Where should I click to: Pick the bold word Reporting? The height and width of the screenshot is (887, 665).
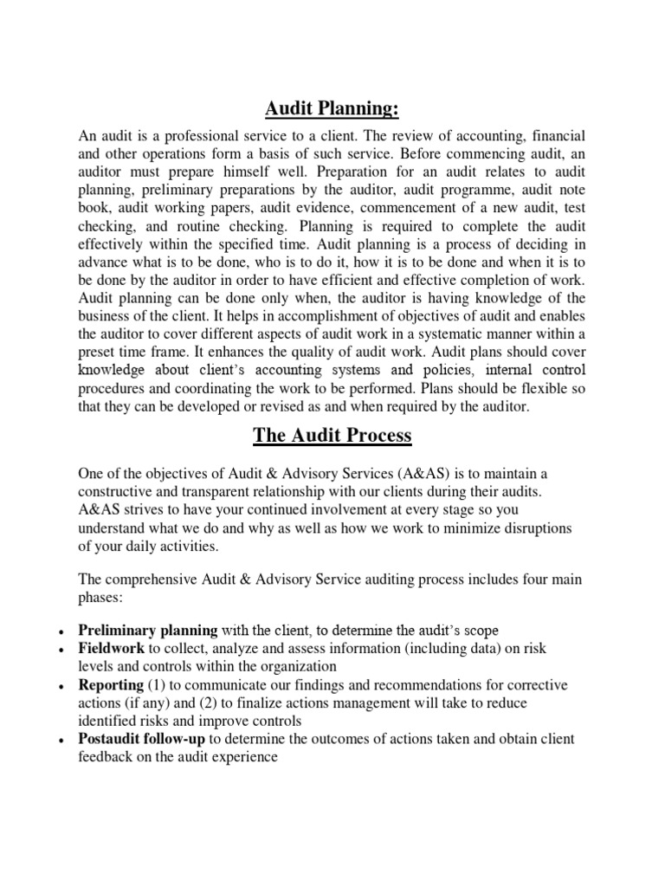(x=111, y=684)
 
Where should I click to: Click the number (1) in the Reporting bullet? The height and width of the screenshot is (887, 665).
(x=157, y=684)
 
